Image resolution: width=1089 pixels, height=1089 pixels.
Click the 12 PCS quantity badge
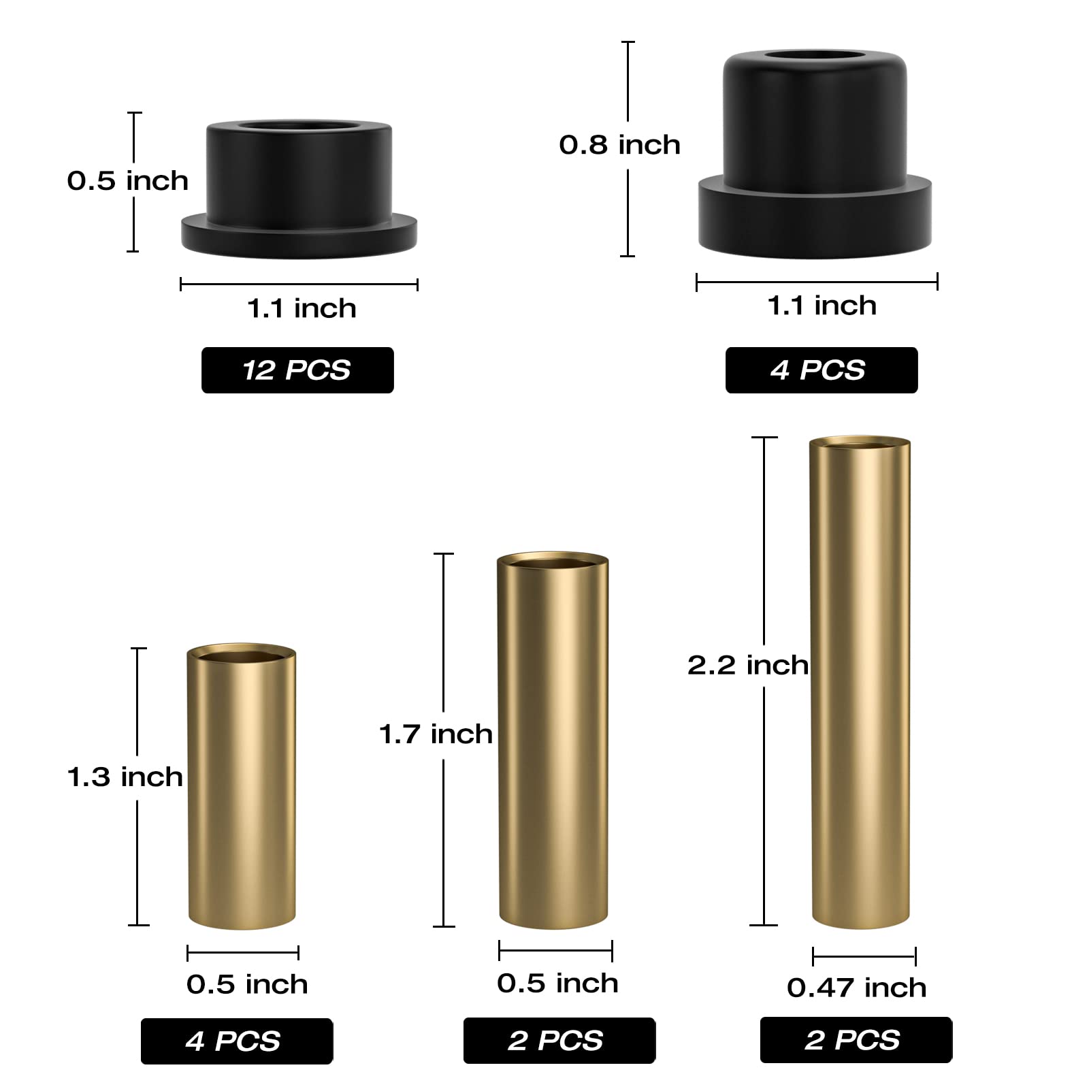click(297, 370)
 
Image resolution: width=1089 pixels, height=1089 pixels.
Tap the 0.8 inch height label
click(619, 145)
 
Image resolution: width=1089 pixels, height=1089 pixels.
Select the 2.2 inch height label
click(748, 665)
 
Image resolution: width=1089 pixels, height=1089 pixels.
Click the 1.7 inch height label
click(436, 734)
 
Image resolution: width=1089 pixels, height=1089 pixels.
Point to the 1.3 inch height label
click(125, 777)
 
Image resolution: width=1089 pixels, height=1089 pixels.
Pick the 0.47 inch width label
click(857, 988)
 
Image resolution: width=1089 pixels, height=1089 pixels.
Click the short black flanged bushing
click(299, 189)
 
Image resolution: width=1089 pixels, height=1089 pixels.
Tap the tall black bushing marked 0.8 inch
click(815, 154)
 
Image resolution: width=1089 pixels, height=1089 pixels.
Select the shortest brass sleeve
click(242, 786)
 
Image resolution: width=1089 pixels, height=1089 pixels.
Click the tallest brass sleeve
click(860, 682)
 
